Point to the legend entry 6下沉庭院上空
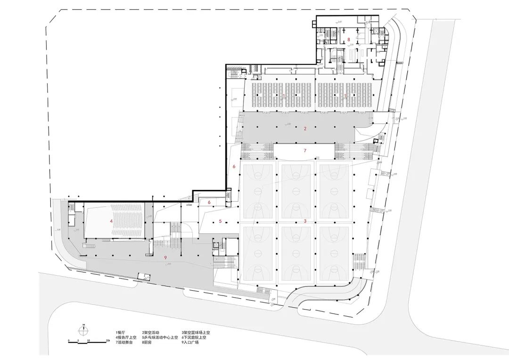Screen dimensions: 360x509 [x=195, y=338]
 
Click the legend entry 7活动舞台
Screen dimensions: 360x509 [x=124, y=343]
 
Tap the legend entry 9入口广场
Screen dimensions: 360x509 [x=190, y=343]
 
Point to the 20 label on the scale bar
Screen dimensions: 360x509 [x=108, y=340]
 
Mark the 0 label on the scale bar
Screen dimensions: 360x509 [x=69, y=340]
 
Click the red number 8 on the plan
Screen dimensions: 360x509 [x=349, y=40]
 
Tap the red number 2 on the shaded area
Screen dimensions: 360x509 [x=305, y=128]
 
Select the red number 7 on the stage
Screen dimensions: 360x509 [x=305, y=150]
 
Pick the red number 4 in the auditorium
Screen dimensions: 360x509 [x=111, y=221]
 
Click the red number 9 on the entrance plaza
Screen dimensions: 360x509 [x=165, y=257]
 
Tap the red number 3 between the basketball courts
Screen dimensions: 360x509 [x=305, y=221]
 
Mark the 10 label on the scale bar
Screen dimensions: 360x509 [x=89, y=340]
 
